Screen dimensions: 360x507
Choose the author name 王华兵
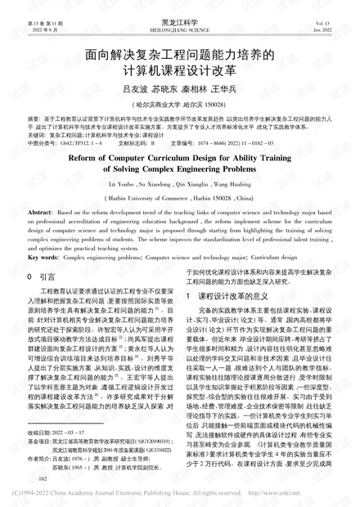pyautogui.click(x=224, y=87)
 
